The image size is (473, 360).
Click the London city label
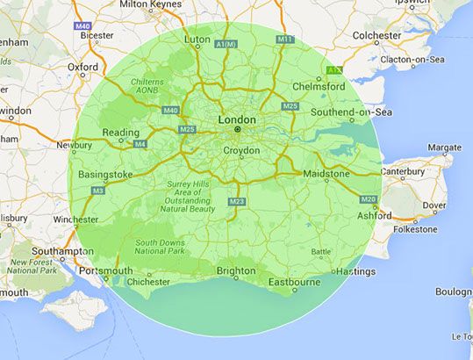237,119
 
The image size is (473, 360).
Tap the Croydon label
241,150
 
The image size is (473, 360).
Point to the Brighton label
236,270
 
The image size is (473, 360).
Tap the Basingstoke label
105,174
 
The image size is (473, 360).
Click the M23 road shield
236,202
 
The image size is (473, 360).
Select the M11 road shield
284,40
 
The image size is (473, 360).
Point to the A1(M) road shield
226,44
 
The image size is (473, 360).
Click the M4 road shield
139,143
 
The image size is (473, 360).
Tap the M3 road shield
98,190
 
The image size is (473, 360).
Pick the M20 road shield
368,199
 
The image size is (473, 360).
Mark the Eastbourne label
294,282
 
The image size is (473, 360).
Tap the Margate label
443,148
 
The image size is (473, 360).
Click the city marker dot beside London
237,130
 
